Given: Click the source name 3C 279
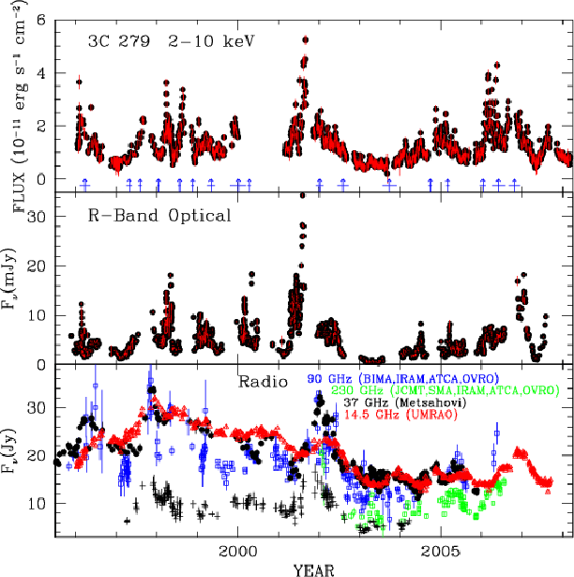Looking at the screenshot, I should point(106,41).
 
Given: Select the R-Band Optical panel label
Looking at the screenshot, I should point(153,216).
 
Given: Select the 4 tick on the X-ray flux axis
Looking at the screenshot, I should point(44,73).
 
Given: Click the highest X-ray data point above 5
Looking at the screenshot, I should point(305,39).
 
